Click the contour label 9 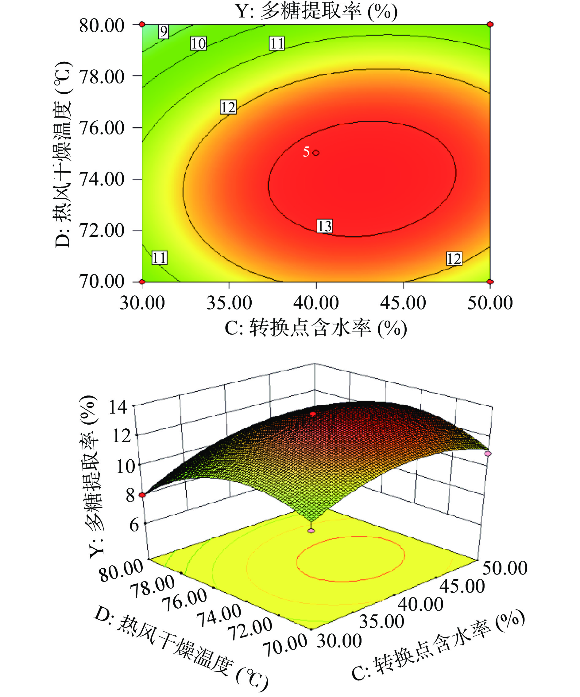[x=164, y=32]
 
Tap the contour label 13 [x=324, y=226]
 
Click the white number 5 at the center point [x=306, y=152]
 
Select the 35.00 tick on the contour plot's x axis [x=229, y=303]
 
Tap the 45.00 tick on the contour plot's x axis [x=403, y=303]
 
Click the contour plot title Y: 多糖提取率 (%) [x=316, y=11]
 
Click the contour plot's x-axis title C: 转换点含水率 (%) [x=316, y=329]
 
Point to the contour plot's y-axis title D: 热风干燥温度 [x=63, y=154]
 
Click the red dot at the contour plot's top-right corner [x=490, y=24]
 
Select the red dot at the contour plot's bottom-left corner [x=142, y=282]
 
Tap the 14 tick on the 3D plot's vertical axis [x=118, y=407]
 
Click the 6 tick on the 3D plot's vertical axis [x=134, y=525]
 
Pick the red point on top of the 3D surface [x=313, y=414]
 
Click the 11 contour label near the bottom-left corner [x=159, y=258]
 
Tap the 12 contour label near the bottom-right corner [x=454, y=259]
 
